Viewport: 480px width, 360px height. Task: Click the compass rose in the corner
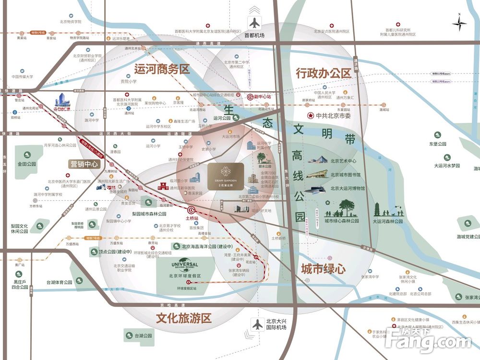coord(459,23)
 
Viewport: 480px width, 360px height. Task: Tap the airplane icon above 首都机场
coord(254,23)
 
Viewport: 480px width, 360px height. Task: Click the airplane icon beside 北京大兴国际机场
coord(258,324)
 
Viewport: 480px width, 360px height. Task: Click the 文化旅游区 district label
coord(184,318)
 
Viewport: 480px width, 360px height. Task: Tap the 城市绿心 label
coord(323,269)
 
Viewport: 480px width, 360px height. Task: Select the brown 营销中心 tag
coord(84,164)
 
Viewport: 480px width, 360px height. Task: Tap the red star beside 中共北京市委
coord(311,116)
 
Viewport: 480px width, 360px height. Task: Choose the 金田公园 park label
coord(27,164)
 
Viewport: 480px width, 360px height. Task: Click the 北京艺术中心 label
coord(344,161)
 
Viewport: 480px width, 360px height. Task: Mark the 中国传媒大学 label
coord(23,77)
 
